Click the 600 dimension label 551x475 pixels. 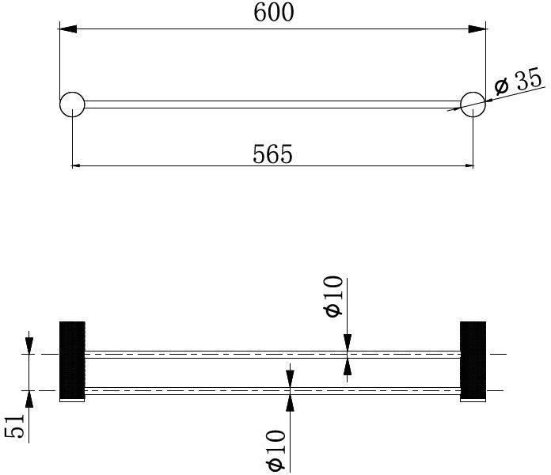(x=273, y=13)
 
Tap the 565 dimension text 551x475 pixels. (x=272, y=154)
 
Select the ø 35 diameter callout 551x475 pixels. (x=519, y=82)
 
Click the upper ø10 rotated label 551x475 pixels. (x=332, y=296)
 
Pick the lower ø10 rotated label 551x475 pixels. (x=275, y=450)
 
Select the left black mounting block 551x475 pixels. (x=72, y=359)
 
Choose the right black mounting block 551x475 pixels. (x=473, y=359)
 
